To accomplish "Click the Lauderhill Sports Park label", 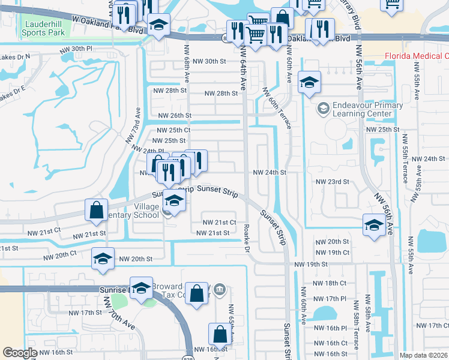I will coord(40,28).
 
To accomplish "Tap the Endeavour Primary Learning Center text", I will coord(359,109).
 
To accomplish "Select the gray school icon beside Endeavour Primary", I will coord(323,109).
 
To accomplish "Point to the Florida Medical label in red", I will coord(417,56).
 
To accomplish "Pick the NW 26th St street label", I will coord(174,115).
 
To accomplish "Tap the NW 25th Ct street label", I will coord(173,130).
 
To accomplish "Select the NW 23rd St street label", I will coord(332,182).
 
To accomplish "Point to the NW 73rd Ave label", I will coord(133,125).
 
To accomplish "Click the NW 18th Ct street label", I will coord(330,283).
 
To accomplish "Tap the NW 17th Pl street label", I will coord(330,298).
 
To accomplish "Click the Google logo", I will coord(20,353).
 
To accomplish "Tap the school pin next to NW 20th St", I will coord(103,259).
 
